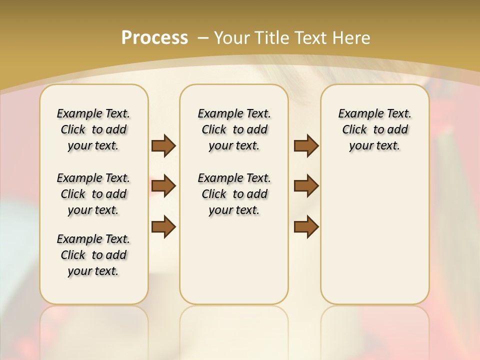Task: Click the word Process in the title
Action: pos(154,37)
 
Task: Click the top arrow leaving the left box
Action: pos(163,145)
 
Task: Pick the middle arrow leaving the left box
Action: pos(163,186)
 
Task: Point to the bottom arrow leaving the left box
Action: pos(163,226)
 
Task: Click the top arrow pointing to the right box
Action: pos(306,145)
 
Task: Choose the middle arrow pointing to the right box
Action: pos(306,186)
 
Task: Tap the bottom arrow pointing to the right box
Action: pos(306,226)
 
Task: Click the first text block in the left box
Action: pos(93,129)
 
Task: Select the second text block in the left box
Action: pos(93,194)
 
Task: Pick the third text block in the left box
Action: pos(93,255)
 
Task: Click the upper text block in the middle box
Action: pos(234,129)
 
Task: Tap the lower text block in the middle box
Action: pos(234,194)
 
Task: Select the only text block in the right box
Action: pos(375,129)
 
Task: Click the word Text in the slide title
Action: pos(313,37)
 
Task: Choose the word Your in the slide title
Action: pos(232,37)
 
